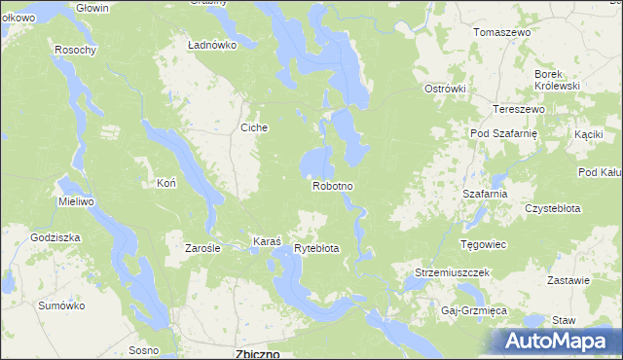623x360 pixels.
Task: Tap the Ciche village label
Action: [x=254, y=127]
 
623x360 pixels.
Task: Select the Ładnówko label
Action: [x=212, y=45]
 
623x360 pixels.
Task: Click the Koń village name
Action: [x=165, y=183]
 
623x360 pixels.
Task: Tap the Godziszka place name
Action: [x=55, y=237]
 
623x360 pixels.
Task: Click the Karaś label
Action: [x=267, y=240]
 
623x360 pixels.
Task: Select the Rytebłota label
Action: [x=316, y=248]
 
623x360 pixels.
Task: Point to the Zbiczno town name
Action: [x=259, y=353]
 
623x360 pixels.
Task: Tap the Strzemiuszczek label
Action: [x=452, y=273]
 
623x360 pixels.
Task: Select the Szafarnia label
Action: [x=486, y=194]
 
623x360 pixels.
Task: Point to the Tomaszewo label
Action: [x=501, y=32]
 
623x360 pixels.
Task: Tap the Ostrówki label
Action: [x=446, y=89]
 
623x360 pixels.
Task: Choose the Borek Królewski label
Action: [x=557, y=80]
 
